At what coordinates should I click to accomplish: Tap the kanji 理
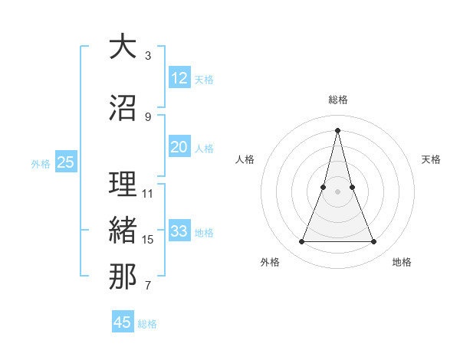123,185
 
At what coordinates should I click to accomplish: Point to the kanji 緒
123,231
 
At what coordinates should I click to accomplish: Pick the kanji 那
123,277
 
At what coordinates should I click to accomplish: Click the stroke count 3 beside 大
148,56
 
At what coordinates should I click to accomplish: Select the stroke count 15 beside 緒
148,240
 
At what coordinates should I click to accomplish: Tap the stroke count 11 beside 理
148,194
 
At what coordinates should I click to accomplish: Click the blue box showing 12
179,78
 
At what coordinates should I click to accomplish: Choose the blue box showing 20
179,147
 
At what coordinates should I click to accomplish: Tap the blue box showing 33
179,231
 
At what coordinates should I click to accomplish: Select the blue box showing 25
66,162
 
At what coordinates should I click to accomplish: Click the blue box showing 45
123,322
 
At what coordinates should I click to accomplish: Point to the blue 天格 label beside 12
204,80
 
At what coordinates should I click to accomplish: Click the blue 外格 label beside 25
41,164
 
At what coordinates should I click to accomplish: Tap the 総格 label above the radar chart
338,100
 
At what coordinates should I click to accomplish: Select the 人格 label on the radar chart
245,159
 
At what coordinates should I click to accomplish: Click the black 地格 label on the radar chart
402,263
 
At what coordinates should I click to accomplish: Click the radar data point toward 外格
301,242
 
